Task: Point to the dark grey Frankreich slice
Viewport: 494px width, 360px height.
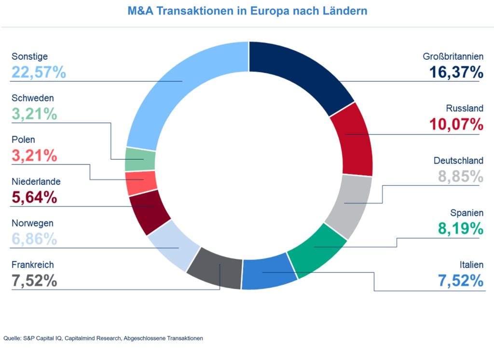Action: click(x=215, y=268)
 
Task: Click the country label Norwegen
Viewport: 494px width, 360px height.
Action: click(x=32, y=223)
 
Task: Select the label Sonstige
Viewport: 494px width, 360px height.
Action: click(x=29, y=56)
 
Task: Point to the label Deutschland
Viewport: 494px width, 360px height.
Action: click(x=458, y=160)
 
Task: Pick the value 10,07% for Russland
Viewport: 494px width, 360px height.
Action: click(x=456, y=124)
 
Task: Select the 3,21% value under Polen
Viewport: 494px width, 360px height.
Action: click(x=34, y=156)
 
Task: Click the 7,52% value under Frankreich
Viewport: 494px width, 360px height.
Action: click(x=34, y=281)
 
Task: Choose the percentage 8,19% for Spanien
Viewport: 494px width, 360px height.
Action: click(x=460, y=228)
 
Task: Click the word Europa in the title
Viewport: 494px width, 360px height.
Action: click(x=267, y=11)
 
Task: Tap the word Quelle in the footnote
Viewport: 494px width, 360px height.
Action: click(x=12, y=338)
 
